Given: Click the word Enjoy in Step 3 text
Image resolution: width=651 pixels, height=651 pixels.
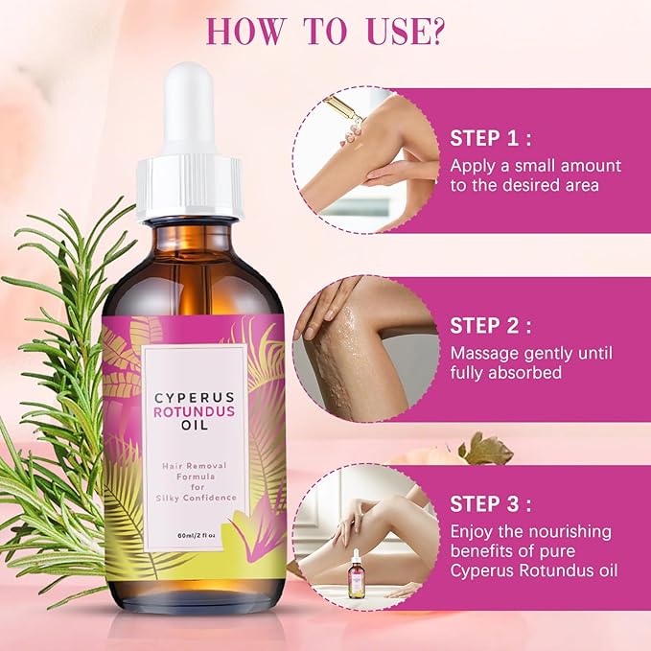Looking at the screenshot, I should (476, 532).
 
